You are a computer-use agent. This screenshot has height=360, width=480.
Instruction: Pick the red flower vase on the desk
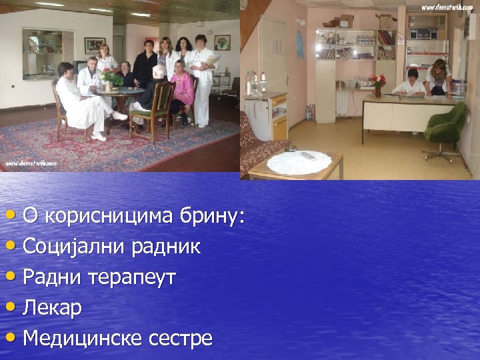(378, 85)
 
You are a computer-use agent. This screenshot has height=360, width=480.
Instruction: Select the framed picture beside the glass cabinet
(94, 45)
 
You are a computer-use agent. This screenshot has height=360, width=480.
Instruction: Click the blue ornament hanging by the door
(299, 45)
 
